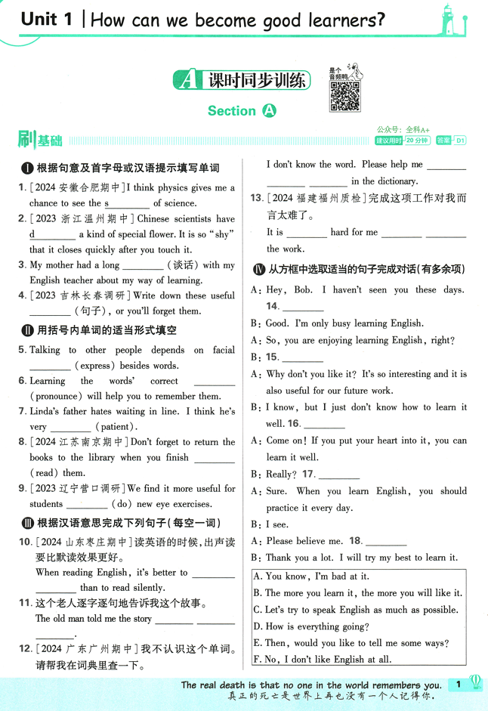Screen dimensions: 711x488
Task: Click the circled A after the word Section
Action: click(269, 111)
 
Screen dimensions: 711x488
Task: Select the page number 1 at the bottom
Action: click(458, 685)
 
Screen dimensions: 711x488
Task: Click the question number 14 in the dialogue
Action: click(273, 306)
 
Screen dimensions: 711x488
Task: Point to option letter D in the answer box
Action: click(258, 626)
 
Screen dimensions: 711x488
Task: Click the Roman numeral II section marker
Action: click(27, 330)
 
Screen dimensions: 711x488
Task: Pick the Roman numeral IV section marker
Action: click(258, 268)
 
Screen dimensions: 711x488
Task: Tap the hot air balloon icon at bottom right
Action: click(476, 683)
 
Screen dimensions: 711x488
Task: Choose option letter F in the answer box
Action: click(257, 660)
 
